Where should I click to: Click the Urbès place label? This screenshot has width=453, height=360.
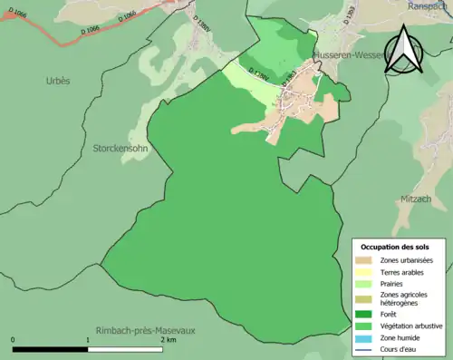tap(58, 81)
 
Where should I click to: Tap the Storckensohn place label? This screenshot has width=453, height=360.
tap(120, 147)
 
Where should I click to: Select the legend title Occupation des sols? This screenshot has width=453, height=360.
tap(395, 247)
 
